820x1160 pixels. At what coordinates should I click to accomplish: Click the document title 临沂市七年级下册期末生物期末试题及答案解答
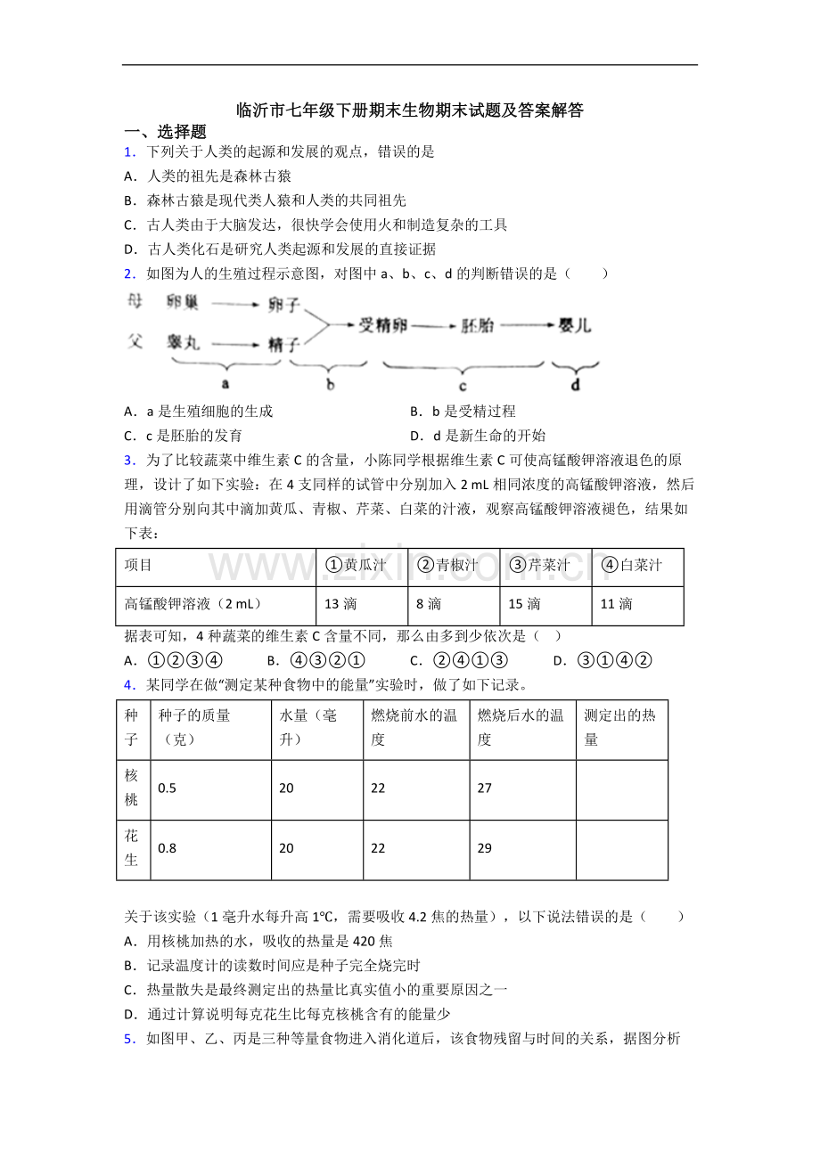[x=410, y=110]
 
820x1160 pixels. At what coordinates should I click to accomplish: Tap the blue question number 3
[x=129, y=461]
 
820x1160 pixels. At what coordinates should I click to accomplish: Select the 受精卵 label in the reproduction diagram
[x=382, y=326]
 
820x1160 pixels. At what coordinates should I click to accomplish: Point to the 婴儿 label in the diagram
[x=575, y=325]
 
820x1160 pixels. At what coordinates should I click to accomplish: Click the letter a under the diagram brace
[x=225, y=384]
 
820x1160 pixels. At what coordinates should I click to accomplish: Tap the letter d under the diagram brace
[x=575, y=385]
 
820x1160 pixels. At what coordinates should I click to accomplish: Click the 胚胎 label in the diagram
[x=478, y=326]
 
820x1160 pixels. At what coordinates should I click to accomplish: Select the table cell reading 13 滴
[x=340, y=604]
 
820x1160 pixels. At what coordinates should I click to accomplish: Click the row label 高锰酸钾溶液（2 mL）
[x=193, y=604]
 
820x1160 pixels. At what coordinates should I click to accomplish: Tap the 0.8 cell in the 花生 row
[x=167, y=848]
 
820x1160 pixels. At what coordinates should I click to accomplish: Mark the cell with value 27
[x=485, y=788]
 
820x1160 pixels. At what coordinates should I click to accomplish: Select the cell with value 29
[x=485, y=848]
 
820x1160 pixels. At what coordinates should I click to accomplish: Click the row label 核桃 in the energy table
[x=132, y=788]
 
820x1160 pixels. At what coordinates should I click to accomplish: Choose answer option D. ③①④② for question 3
[x=603, y=660]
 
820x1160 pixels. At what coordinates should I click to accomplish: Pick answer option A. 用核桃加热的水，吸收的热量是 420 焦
[x=258, y=941]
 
